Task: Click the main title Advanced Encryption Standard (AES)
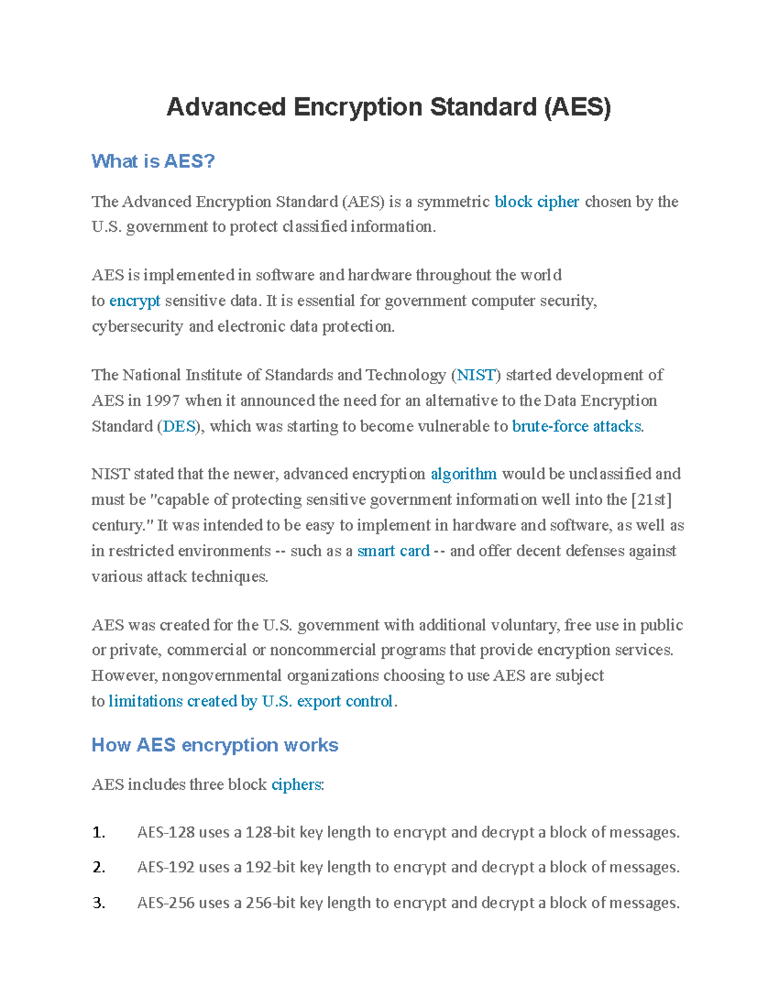pyautogui.click(x=388, y=107)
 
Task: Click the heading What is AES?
pyautogui.click(x=153, y=161)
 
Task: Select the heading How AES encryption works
pyautogui.click(x=215, y=744)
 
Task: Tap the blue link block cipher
pyautogui.click(x=536, y=202)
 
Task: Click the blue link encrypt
pyautogui.click(x=134, y=301)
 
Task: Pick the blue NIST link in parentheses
pyautogui.click(x=476, y=375)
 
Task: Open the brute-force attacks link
pyautogui.click(x=576, y=426)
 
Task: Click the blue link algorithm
pyautogui.click(x=464, y=474)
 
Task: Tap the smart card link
pyautogui.click(x=393, y=551)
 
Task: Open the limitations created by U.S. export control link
pyautogui.click(x=251, y=701)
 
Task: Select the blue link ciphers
pyautogui.click(x=296, y=785)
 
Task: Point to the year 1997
pyautogui.click(x=162, y=400)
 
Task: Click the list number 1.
pyautogui.click(x=99, y=833)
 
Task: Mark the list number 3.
pyautogui.click(x=99, y=903)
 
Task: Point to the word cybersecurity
pyautogui.click(x=137, y=326)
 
